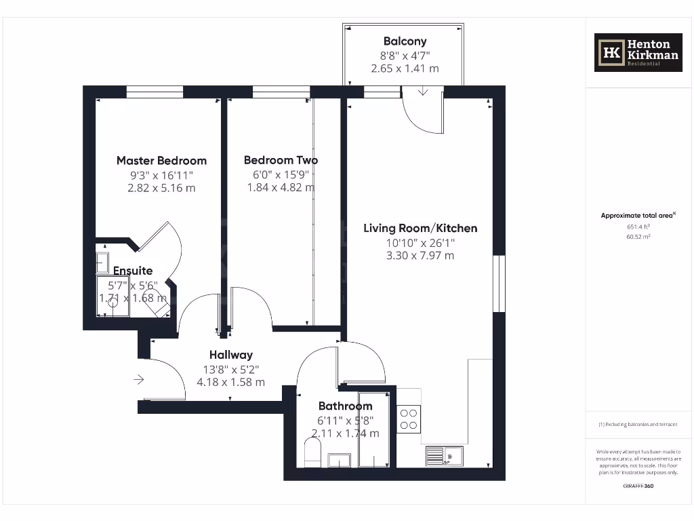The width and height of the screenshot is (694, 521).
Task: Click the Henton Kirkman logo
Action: (638, 52)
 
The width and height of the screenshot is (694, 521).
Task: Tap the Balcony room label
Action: (405, 41)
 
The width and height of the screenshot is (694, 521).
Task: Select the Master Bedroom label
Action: (161, 161)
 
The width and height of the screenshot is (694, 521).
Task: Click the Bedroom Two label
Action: (281, 160)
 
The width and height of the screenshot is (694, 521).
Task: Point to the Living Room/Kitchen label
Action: (420, 228)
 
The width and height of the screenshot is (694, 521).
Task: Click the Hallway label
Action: (230, 354)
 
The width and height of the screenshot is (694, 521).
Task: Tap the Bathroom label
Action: (346, 406)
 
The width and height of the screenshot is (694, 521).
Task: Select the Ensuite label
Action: (133, 271)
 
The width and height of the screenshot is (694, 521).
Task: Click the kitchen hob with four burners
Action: (409, 418)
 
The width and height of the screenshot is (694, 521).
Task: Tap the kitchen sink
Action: (444, 456)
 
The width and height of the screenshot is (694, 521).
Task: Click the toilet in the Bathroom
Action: (312, 452)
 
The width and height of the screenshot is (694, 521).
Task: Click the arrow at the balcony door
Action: (423, 92)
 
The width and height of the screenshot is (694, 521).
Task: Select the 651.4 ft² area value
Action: (637, 227)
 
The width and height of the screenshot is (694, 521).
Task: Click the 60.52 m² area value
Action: (637, 237)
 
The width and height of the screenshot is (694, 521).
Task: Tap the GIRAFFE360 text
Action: (638, 486)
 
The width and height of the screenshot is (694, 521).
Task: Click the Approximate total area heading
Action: (637, 216)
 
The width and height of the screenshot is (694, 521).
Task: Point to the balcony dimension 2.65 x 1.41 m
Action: (405, 69)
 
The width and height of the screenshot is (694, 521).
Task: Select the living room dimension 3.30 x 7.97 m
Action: (420, 256)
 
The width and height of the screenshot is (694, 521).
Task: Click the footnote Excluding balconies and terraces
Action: (637, 425)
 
